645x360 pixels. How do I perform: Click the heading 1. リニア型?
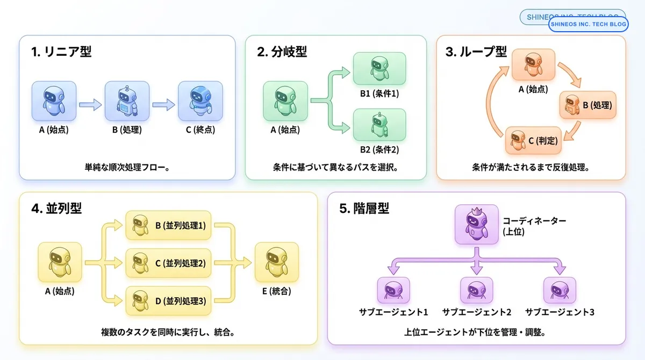(61, 52)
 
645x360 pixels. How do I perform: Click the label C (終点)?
(200, 129)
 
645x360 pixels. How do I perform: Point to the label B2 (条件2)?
(379, 150)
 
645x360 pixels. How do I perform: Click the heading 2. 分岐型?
(282, 52)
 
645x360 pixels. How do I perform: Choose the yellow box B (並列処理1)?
(168, 226)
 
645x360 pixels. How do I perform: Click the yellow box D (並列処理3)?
(168, 301)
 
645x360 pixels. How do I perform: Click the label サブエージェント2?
(477, 312)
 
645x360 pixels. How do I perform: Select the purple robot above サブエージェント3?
(560, 291)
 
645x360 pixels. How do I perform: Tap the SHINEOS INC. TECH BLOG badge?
(587, 24)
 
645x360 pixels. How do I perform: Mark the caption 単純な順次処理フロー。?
(127, 167)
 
